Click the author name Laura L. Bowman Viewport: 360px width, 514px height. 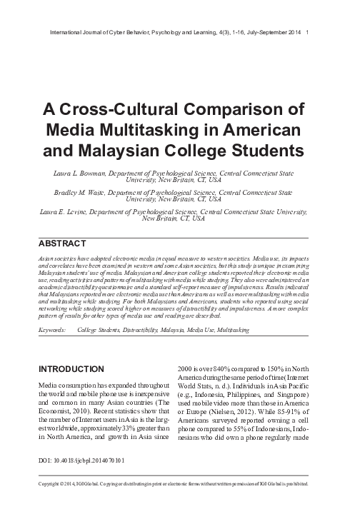point(80,172)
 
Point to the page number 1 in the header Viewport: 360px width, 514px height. point(306,32)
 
